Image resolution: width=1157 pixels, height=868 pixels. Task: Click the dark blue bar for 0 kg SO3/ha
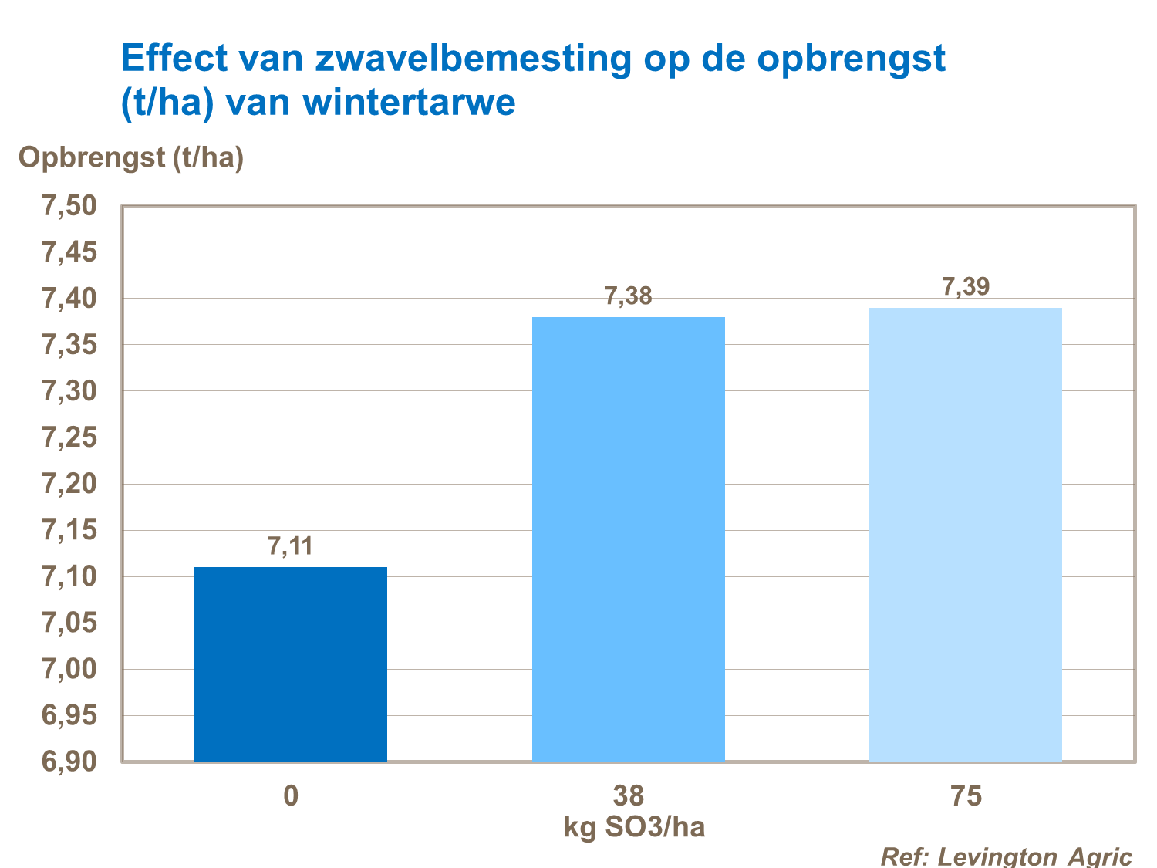(x=290, y=664)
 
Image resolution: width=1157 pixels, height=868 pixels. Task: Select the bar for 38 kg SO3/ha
(x=628, y=539)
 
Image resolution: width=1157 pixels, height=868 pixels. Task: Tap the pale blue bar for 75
(x=965, y=535)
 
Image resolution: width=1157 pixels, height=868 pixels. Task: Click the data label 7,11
(x=290, y=546)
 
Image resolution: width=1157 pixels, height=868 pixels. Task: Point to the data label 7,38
(x=628, y=296)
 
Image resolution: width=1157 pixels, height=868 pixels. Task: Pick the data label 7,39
(x=966, y=286)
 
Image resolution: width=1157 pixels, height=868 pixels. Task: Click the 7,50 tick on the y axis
(x=69, y=206)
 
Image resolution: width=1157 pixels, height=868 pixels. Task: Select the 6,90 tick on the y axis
(x=69, y=762)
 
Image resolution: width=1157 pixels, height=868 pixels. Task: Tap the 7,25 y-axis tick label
(x=69, y=437)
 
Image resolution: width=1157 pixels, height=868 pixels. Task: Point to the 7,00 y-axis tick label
(x=69, y=669)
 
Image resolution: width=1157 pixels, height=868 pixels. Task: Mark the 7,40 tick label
(x=69, y=299)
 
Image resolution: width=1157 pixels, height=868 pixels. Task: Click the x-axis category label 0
(x=290, y=795)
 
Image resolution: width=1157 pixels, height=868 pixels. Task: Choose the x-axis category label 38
(x=628, y=795)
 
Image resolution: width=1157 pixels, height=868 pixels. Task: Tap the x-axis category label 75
(x=966, y=795)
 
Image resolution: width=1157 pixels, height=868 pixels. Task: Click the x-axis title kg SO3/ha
(x=634, y=828)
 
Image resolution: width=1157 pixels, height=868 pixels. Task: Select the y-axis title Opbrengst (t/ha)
(x=131, y=157)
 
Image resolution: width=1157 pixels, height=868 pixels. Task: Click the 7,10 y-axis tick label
(x=69, y=576)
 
